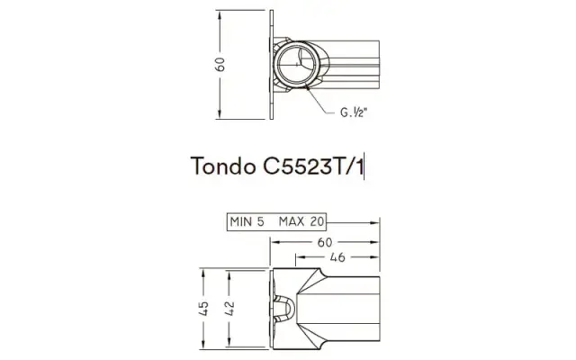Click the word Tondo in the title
[x=222, y=166]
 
